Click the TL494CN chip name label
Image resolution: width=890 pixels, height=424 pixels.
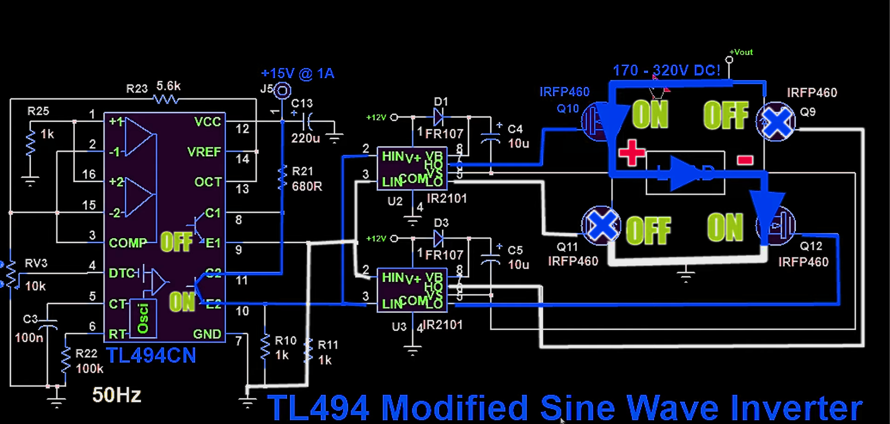click(151, 356)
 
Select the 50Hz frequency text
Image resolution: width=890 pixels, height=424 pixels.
click(117, 395)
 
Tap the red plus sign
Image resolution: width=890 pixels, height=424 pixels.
click(632, 153)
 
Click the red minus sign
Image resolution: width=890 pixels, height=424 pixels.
click(745, 160)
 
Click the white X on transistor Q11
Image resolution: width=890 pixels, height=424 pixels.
click(602, 226)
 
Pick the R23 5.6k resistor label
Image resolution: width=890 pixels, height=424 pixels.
click(153, 87)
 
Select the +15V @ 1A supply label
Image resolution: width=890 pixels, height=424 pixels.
click(298, 74)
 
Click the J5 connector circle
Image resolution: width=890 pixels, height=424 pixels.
click(282, 90)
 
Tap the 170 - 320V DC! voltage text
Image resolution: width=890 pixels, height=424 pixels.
click(666, 70)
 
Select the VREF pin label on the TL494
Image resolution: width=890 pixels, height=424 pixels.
click(204, 152)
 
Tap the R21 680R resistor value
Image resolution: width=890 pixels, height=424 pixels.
click(307, 187)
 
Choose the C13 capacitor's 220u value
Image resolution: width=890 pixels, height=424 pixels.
click(306, 139)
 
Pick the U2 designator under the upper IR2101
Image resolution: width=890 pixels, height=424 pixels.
click(395, 202)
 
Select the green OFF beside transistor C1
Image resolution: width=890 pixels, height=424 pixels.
click(176, 242)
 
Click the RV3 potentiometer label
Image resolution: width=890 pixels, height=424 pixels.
click(36, 263)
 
